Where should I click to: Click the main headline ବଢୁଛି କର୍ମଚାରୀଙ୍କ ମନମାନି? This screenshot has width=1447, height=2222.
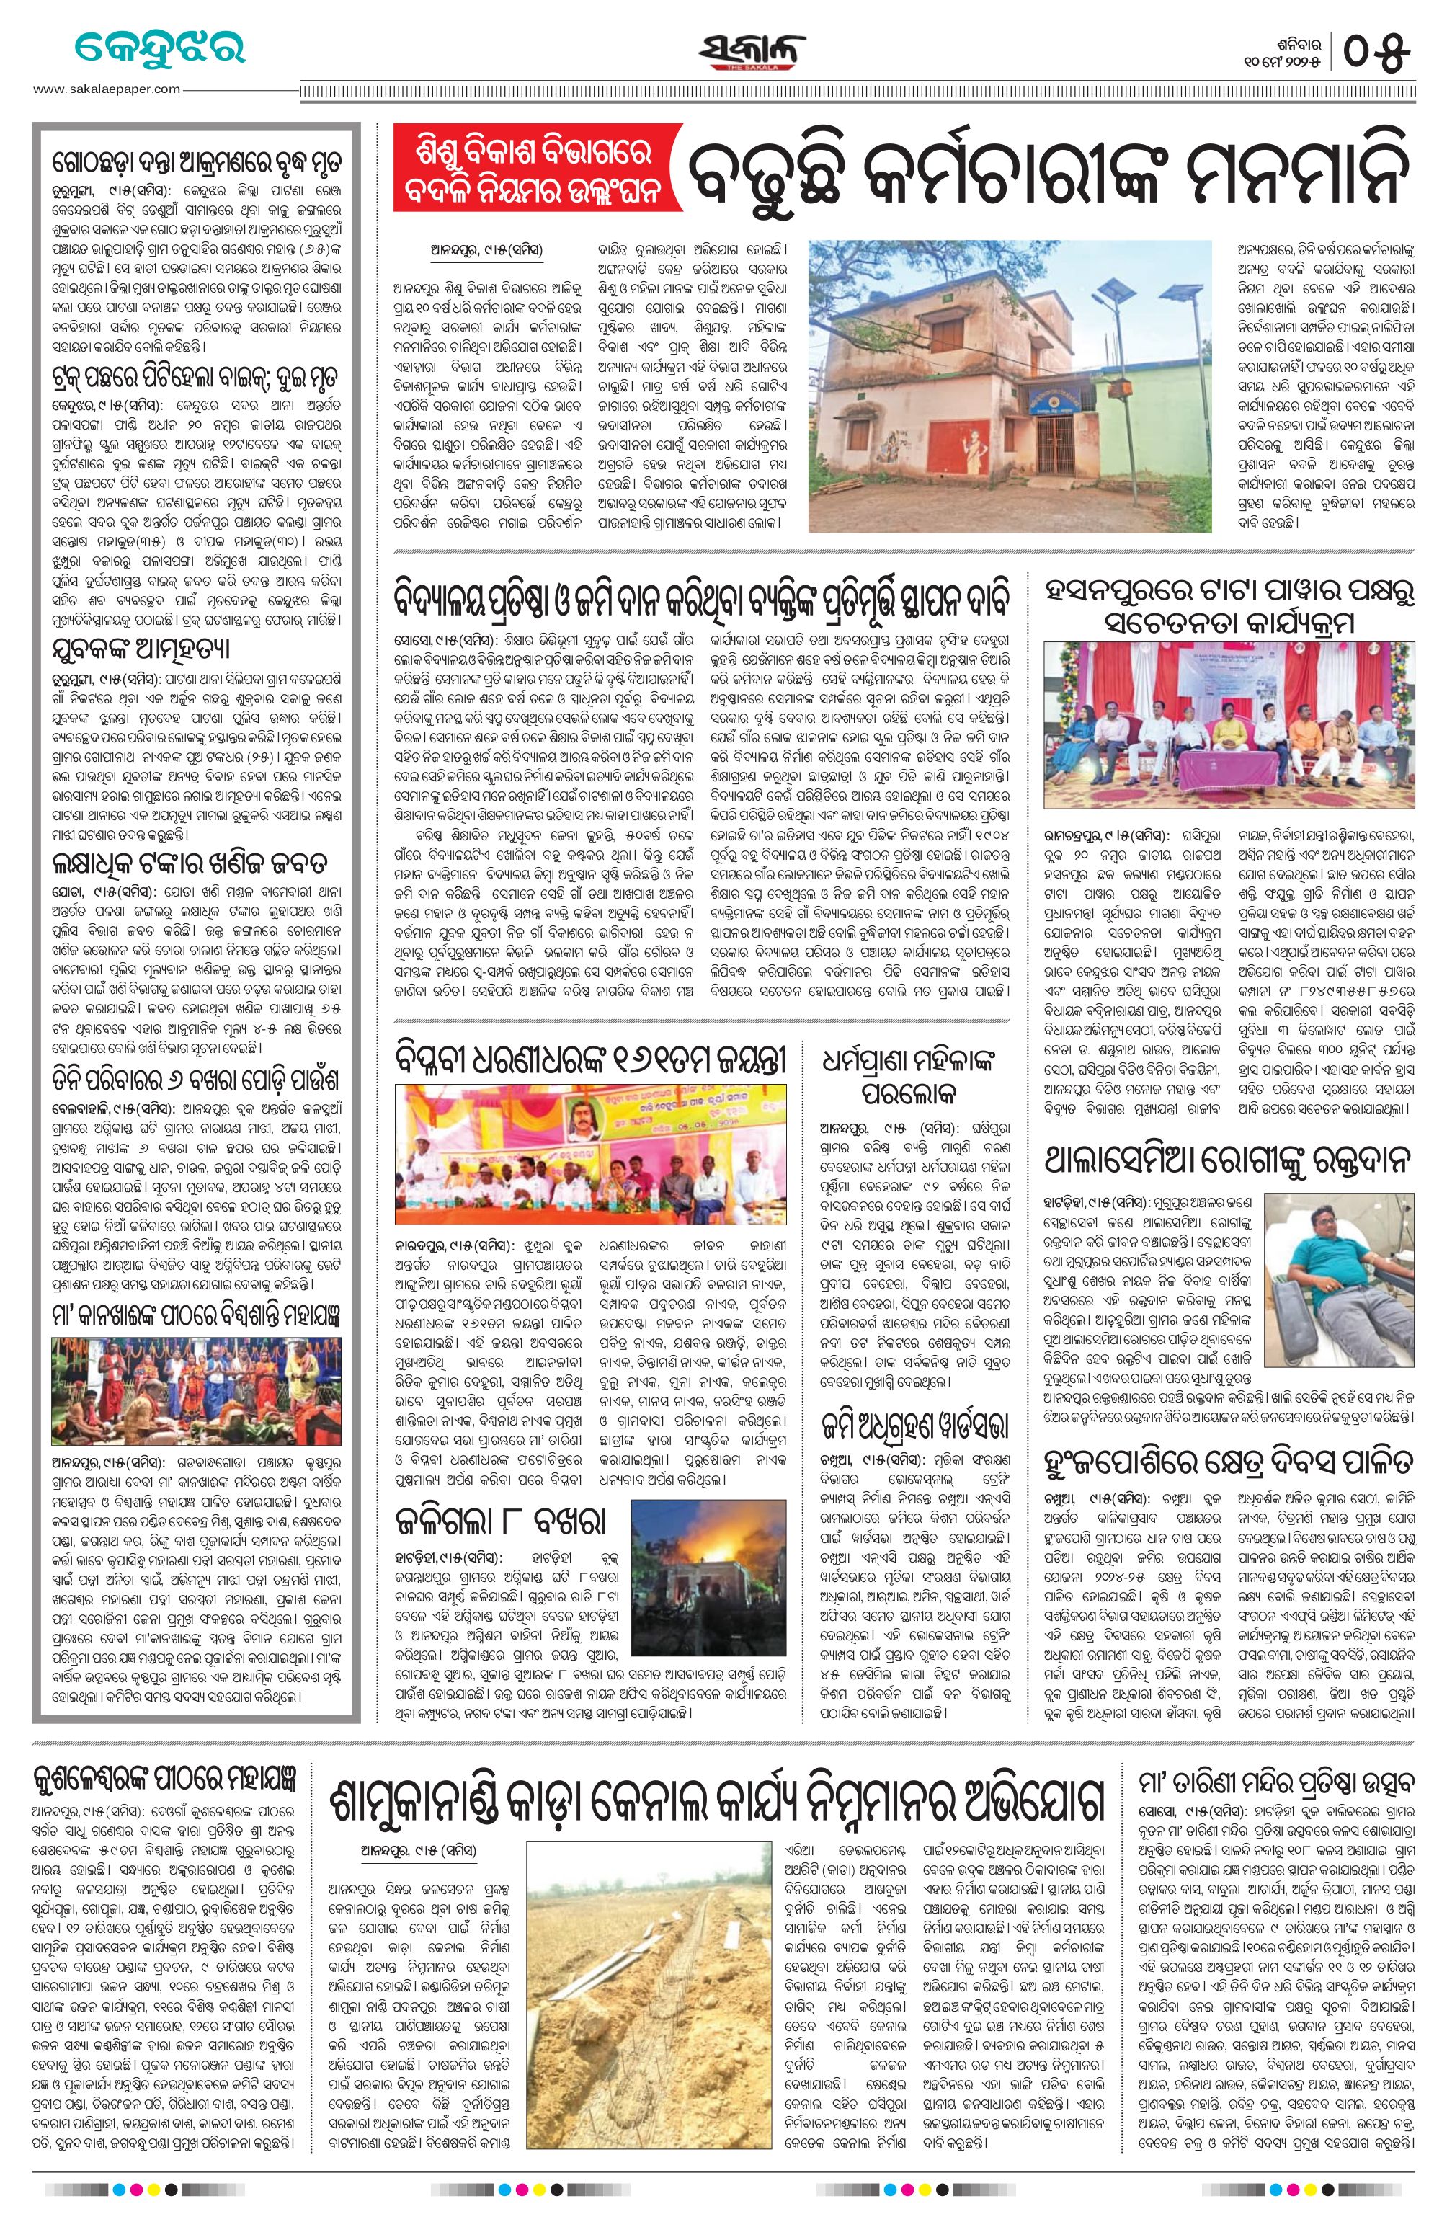coord(1046,167)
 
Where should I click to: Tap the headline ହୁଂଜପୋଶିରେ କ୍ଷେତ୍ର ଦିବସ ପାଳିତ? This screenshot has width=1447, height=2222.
coord(1229,1460)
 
